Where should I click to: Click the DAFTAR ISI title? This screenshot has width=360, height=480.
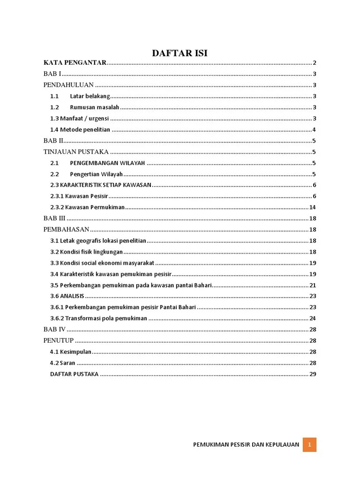tap(180, 53)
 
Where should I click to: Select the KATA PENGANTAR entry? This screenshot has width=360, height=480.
tap(75, 63)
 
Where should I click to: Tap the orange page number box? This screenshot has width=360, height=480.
tap(309, 445)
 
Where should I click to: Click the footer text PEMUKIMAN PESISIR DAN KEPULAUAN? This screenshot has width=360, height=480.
tap(246, 445)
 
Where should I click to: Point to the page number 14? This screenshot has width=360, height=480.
tap(313, 207)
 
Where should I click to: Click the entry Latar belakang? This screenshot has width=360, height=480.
tap(90, 96)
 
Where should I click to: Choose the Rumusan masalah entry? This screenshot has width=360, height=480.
tap(94, 107)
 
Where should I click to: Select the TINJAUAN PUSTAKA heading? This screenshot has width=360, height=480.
tap(76, 152)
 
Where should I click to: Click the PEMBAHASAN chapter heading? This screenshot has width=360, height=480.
tap(66, 230)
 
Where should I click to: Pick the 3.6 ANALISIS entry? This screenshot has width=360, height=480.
tap(67, 296)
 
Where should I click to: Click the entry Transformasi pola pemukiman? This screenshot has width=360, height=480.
tap(99, 318)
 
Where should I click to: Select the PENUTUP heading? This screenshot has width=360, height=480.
tap(59, 341)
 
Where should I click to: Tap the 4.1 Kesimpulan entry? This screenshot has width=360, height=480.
tap(71, 352)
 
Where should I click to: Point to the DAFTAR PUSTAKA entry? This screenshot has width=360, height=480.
tap(74, 374)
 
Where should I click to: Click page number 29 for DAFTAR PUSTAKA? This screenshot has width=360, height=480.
tap(313, 374)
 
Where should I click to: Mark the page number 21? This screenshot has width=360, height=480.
tap(313, 285)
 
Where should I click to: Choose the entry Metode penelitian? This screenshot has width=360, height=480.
tap(80, 130)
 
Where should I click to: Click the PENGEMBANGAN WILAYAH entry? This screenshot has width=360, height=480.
tap(107, 163)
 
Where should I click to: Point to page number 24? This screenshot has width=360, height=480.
tap(313, 318)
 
